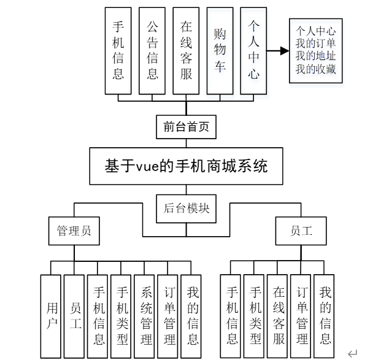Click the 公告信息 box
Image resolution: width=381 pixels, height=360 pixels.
152,51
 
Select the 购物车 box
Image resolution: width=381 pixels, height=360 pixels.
220,51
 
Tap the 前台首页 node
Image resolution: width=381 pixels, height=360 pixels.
186,127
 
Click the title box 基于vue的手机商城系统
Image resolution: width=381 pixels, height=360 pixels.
186,166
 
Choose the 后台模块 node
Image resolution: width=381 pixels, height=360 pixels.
186,208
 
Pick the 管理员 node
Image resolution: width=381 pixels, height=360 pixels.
74,231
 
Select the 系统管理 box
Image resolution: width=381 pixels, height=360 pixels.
147,316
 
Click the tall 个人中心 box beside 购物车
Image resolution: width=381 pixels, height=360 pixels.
253,51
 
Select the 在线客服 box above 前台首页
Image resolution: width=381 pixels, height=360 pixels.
186,51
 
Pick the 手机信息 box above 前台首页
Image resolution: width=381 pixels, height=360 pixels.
118,51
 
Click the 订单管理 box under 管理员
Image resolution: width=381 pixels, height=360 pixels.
170,316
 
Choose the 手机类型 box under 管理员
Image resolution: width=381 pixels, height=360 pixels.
123,316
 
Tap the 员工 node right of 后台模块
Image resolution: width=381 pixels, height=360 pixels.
301,231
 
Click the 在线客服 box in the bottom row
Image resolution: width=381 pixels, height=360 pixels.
279,316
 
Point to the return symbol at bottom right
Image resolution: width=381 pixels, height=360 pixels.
352,353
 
